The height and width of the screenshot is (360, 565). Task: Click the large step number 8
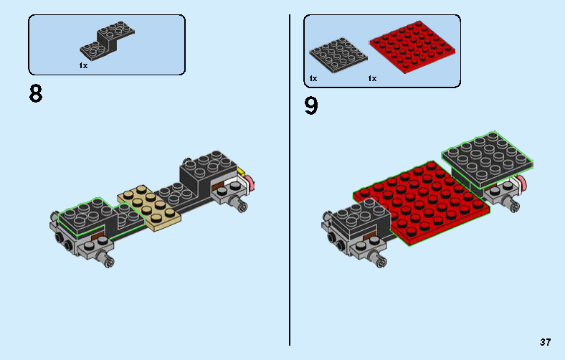tap(35, 94)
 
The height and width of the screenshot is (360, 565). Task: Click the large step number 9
tap(310, 106)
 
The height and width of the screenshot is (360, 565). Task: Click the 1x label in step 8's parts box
tap(83, 65)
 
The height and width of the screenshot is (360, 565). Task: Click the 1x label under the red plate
tap(372, 78)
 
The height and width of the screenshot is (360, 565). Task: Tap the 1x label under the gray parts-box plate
tap(313, 78)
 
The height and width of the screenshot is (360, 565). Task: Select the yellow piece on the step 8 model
tap(242, 173)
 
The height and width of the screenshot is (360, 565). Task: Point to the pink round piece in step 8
tap(252, 186)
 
